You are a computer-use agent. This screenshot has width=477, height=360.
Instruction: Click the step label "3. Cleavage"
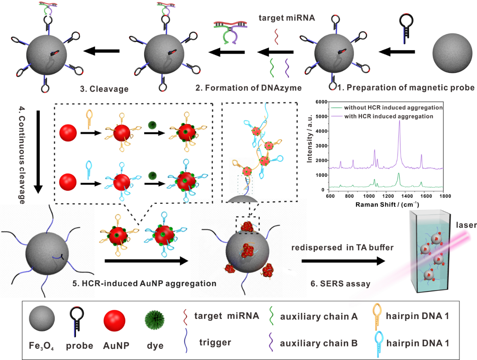point(104,89)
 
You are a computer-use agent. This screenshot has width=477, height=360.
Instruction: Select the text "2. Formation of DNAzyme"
point(248,88)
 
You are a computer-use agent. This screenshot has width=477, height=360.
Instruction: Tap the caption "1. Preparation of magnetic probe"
point(406,87)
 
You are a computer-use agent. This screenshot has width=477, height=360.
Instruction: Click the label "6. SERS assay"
point(340,283)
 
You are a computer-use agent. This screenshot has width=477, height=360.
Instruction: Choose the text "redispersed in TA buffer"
point(342,247)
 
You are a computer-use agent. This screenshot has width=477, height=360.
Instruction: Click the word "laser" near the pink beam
point(466,225)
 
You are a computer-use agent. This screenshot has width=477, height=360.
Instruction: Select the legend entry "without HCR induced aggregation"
point(393,108)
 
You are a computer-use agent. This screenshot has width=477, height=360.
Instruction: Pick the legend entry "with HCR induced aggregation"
point(388,116)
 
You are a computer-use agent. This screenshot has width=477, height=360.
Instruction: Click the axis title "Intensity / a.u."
point(310,139)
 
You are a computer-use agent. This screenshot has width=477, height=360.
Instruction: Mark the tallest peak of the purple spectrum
point(399,122)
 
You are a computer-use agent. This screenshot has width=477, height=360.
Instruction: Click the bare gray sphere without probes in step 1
point(452,53)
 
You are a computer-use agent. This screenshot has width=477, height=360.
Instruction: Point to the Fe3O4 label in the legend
point(41,346)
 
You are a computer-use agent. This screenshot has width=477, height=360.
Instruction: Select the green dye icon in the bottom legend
point(155,320)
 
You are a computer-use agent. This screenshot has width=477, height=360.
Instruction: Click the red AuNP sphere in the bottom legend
point(114,320)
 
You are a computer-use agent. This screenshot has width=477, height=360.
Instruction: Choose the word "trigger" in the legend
point(215,342)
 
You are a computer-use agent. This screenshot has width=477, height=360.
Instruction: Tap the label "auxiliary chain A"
point(319,317)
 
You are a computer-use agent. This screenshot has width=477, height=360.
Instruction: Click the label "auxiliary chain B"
point(319,343)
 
